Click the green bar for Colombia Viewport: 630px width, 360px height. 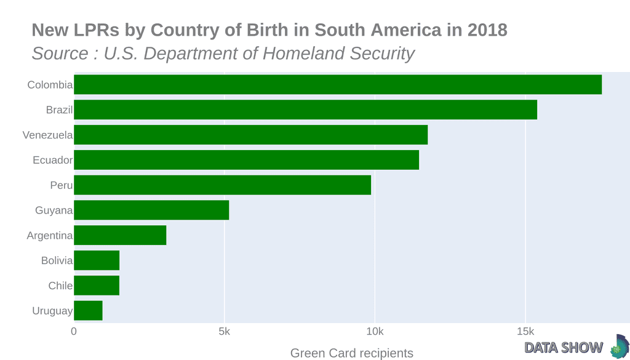(338, 84)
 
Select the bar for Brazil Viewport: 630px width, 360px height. (305, 110)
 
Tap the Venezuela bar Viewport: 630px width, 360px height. (250, 135)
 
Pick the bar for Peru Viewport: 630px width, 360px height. (222, 185)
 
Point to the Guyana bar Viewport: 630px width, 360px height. (151, 210)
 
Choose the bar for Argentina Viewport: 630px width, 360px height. (120, 235)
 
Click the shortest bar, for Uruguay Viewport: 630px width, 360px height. (88, 311)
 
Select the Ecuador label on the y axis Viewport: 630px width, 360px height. (53, 160)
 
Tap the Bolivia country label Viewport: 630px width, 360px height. (57, 261)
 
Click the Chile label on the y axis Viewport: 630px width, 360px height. (60, 286)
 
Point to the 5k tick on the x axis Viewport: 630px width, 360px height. (224, 332)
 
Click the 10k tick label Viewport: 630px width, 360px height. (375, 332)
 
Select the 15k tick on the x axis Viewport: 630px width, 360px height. (525, 332)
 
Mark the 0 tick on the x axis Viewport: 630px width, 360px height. (74, 332)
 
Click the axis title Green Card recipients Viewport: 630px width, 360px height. (351, 353)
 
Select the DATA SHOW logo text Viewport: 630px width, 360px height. (564, 348)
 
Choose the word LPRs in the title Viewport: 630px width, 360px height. (94, 30)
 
